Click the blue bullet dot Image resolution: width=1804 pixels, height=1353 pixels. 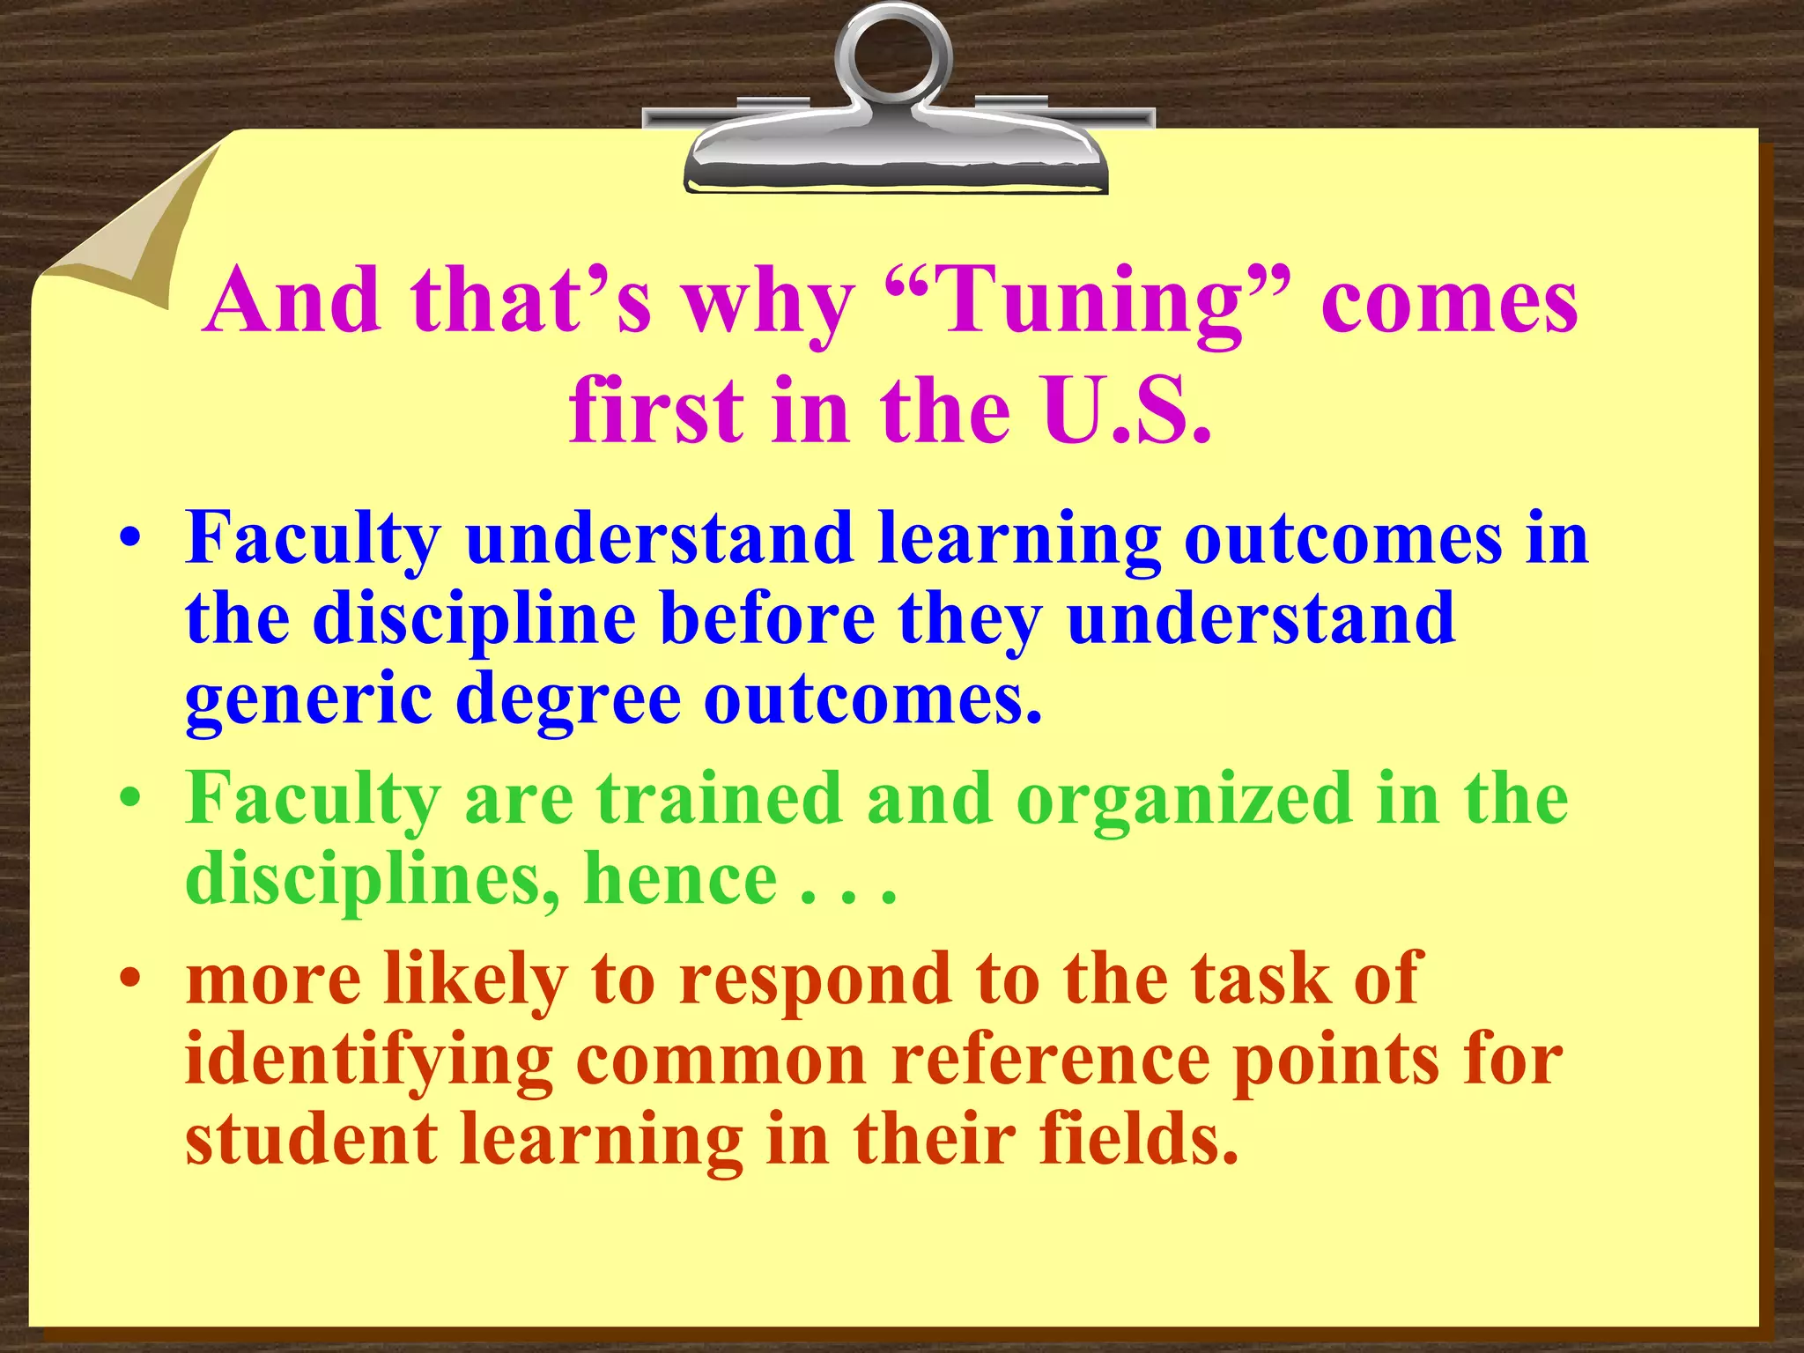(x=130, y=539)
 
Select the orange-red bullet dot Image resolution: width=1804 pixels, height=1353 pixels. (x=130, y=979)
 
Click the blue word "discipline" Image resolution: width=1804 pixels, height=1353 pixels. (x=474, y=618)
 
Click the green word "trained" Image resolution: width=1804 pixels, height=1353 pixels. (x=719, y=798)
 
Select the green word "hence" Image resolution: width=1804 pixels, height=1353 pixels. (x=680, y=879)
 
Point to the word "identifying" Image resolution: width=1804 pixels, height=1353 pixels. (x=368, y=1061)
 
